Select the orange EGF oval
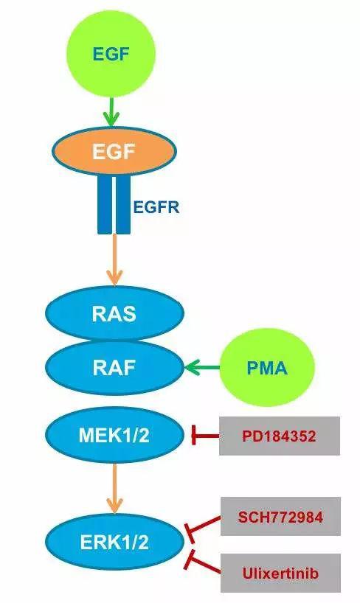pos(114,151)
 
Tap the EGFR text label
pos(156,207)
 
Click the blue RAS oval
pos(114,314)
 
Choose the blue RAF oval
pos(114,368)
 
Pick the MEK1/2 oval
pos(114,436)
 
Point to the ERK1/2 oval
pos(114,543)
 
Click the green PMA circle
pos(267,368)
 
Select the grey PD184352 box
pos(280,436)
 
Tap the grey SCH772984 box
pos(280,517)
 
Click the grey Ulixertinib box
pos(280,573)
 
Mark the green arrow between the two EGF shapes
pos(112,112)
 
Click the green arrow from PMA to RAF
pos(202,368)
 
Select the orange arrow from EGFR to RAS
pos(114,259)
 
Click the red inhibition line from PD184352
pos(205,436)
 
